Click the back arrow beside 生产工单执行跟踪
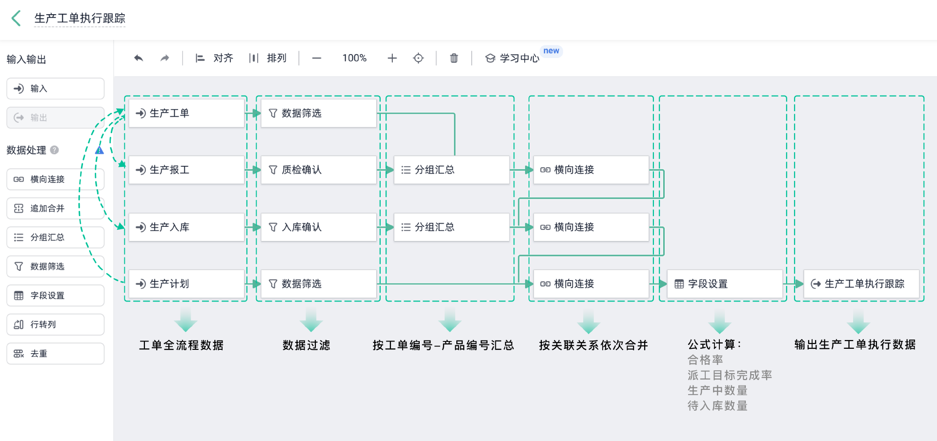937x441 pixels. pos(16,19)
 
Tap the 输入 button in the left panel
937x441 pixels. pos(55,88)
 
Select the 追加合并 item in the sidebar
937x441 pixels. pos(55,208)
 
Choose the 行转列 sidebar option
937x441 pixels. pos(55,324)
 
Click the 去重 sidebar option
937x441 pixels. pos(55,354)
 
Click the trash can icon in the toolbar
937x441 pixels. pos(454,58)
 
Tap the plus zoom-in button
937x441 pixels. pos(392,58)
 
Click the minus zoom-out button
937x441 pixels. pos(317,58)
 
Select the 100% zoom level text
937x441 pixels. pos(354,58)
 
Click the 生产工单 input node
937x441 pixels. pos(186,113)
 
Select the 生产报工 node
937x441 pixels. pos(186,170)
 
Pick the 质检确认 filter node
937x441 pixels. pos(318,170)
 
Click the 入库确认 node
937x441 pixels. pos(318,227)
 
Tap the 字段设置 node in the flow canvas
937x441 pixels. pos(725,284)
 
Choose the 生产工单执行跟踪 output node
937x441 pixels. pos(861,284)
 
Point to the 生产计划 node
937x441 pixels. pos(186,284)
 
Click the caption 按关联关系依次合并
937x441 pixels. pos(593,345)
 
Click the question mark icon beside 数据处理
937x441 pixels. pos(55,150)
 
